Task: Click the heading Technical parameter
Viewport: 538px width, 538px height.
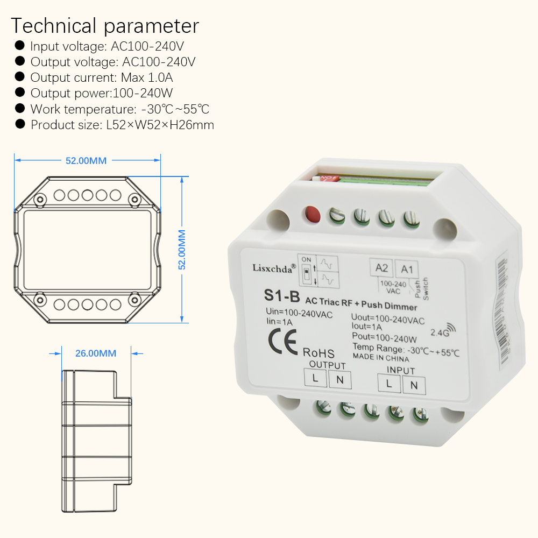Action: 105,26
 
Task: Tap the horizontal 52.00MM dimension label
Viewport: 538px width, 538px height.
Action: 86,161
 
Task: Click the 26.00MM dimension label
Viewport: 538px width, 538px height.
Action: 96,353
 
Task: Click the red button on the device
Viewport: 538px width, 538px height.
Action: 310,214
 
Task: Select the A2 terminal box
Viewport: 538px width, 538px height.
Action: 381,268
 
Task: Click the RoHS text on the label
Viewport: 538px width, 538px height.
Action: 318,353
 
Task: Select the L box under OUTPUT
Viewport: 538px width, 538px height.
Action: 315,379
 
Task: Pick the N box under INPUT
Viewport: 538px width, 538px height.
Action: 414,385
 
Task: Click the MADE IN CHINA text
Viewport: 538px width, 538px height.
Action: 381,357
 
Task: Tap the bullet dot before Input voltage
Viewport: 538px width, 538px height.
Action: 20,46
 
